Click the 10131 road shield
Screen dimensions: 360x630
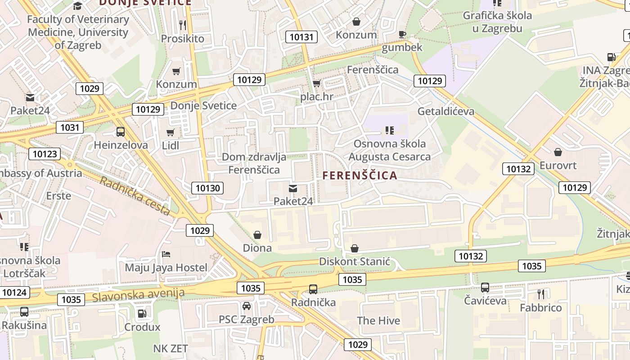pos(301,37)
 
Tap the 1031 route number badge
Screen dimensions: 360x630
pos(70,127)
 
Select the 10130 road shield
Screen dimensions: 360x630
pos(207,188)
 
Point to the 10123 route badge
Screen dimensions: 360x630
pos(45,154)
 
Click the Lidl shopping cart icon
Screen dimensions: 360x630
pos(170,132)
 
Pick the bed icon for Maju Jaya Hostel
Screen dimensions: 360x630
pos(166,254)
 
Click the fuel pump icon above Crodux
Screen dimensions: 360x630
pos(142,314)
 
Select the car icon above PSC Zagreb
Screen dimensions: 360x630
pos(247,306)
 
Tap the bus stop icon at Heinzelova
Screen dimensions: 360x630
pos(120,132)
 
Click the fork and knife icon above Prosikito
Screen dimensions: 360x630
pos(182,24)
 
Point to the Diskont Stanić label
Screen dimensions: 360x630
pos(354,261)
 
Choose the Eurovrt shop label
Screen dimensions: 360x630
pos(558,165)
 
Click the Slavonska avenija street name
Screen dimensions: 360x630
pos(139,295)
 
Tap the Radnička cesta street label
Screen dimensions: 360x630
pos(135,195)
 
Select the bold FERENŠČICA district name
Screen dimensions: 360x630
pos(360,175)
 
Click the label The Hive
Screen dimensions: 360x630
pos(378,320)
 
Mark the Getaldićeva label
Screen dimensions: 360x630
pos(445,111)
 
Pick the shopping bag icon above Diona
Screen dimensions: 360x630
pos(257,234)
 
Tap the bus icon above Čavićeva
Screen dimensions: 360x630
pos(485,287)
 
